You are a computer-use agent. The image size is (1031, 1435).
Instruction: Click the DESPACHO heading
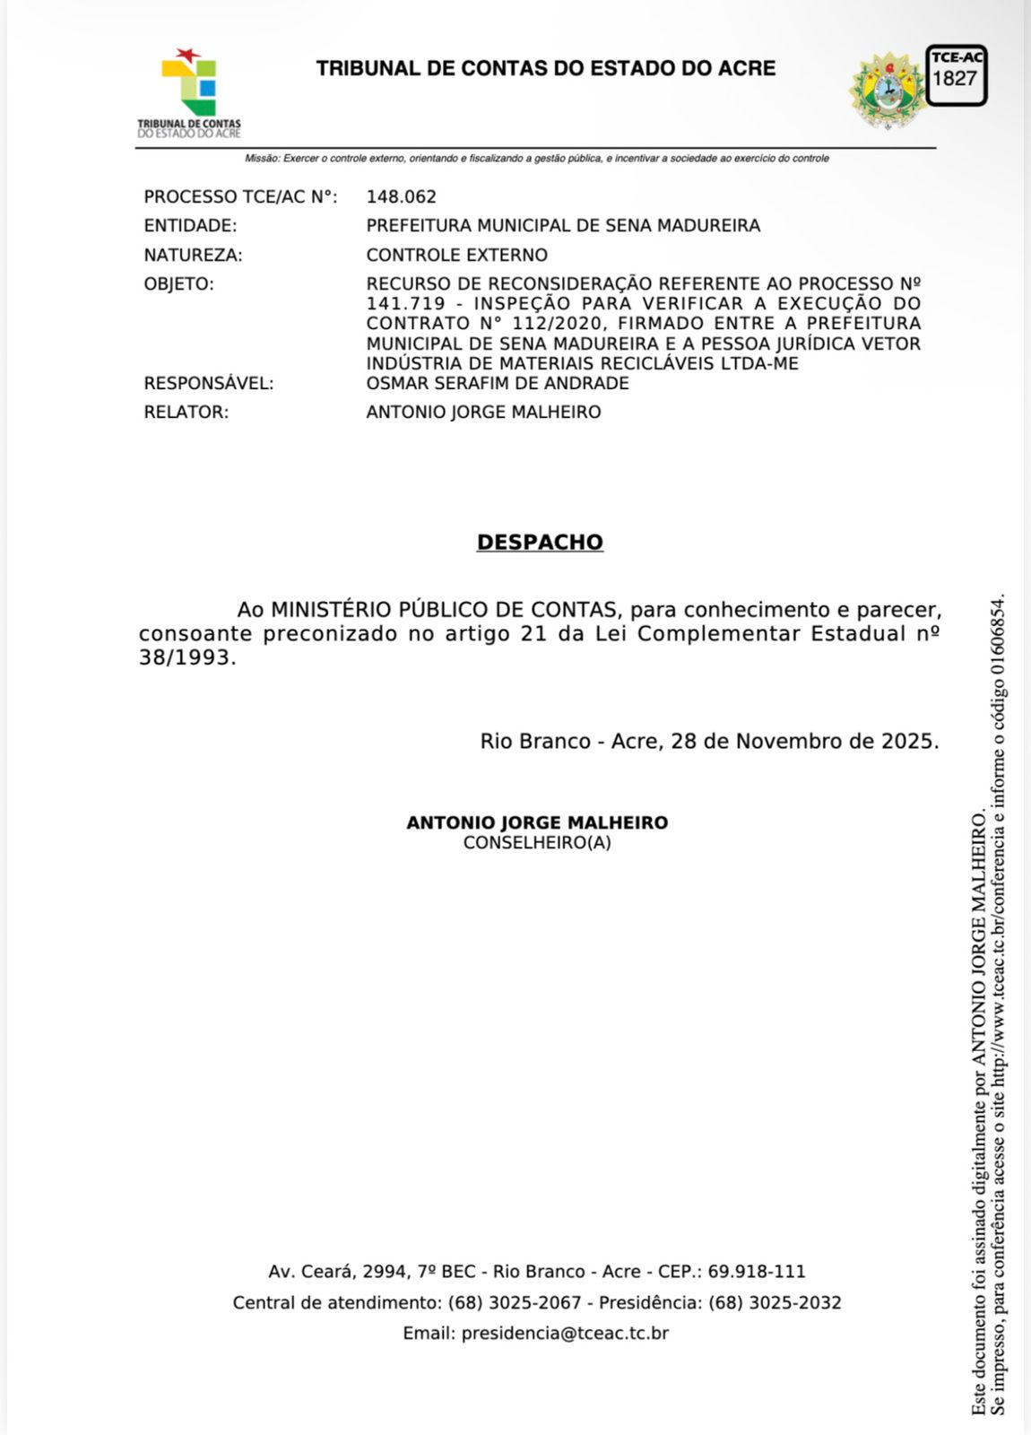click(540, 543)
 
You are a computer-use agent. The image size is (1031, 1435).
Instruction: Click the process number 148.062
click(401, 196)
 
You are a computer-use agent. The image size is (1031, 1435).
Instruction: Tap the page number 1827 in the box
click(955, 79)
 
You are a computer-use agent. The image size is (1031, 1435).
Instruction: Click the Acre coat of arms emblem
click(888, 91)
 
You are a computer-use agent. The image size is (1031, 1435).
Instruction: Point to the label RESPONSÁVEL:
click(209, 383)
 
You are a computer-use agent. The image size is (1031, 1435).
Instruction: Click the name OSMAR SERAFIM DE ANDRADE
click(498, 383)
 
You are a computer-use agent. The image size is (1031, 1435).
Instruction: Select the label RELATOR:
click(186, 413)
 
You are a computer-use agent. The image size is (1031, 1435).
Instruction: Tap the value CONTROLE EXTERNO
click(456, 255)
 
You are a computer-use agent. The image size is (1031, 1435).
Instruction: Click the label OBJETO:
click(179, 284)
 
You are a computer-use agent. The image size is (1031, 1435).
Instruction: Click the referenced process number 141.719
click(405, 304)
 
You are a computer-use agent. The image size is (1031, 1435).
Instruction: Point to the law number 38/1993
click(186, 657)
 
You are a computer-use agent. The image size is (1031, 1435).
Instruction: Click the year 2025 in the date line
click(908, 742)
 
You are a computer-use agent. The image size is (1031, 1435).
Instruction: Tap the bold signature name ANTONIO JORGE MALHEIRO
click(537, 822)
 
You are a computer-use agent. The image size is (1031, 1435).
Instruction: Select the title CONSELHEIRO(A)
click(537, 843)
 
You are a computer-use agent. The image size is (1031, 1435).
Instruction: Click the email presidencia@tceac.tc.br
click(565, 1334)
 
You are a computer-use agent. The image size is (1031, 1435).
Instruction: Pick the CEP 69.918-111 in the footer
click(757, 1272)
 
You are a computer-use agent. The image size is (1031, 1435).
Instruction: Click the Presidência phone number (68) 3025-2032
click(775, 1302)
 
